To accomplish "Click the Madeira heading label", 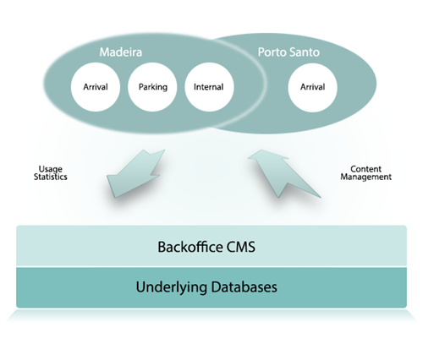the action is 121,52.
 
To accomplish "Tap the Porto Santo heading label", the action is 288,52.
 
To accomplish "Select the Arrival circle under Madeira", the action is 96,87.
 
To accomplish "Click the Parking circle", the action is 152,87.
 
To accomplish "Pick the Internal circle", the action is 209,87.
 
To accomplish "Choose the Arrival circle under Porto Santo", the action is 312,87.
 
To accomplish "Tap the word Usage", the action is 51,169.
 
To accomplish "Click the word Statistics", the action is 51,177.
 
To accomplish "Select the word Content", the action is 365,169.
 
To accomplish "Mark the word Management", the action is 365,177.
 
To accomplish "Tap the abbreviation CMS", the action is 240,247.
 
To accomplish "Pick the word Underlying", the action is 172,287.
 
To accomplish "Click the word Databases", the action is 244,286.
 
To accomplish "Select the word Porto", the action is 272,52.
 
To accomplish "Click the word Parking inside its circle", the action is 153,87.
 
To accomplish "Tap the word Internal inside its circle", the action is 208,87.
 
